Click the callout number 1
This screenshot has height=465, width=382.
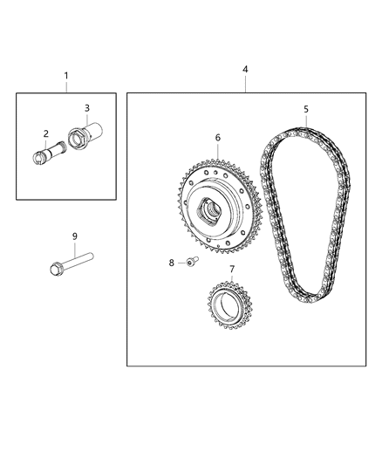66,76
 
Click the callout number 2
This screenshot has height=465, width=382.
46,133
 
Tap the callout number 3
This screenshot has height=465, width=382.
87,107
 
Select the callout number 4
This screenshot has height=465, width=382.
246,68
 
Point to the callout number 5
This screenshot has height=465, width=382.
305,109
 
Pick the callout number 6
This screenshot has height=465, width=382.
217,138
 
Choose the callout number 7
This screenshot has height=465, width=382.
231,270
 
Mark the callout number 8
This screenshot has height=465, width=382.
172,262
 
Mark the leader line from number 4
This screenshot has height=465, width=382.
246,82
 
